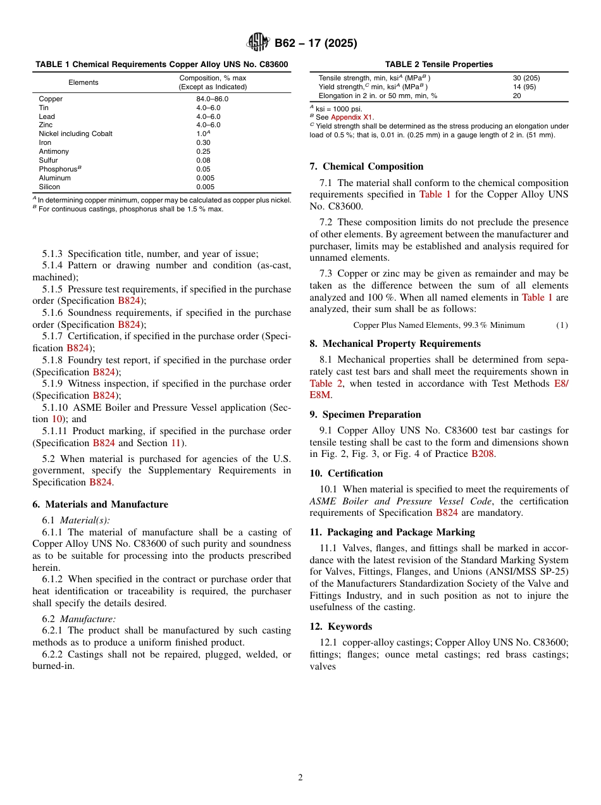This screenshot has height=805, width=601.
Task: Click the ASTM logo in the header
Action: point(258,43)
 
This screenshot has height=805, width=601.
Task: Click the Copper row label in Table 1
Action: point(51,99)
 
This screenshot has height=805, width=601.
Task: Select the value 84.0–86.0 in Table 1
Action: point(212,99)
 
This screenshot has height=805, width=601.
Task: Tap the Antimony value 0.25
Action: point(203,151)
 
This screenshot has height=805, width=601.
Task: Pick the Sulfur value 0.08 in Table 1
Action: point(203,160)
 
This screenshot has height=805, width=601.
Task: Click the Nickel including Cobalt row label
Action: point(75,134)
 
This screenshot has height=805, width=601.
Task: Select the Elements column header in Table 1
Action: point(84,82)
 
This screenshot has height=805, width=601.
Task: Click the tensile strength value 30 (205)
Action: point(526,78)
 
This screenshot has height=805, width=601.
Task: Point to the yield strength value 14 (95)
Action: point(524,87)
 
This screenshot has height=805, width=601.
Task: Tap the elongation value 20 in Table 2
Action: point(517,96)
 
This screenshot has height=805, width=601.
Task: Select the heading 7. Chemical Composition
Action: point(366,166)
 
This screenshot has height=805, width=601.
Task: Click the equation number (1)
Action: point(562,325)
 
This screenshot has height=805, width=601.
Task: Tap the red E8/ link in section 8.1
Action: point(561,384)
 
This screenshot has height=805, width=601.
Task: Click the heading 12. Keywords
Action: point(340,626)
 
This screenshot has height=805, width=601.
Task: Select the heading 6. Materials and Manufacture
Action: point(100,504)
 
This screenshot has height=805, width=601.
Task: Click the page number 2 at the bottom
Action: point(300,778)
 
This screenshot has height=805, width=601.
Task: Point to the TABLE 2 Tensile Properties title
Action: point(438,64)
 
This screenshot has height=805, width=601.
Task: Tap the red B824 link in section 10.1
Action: point(447,513)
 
